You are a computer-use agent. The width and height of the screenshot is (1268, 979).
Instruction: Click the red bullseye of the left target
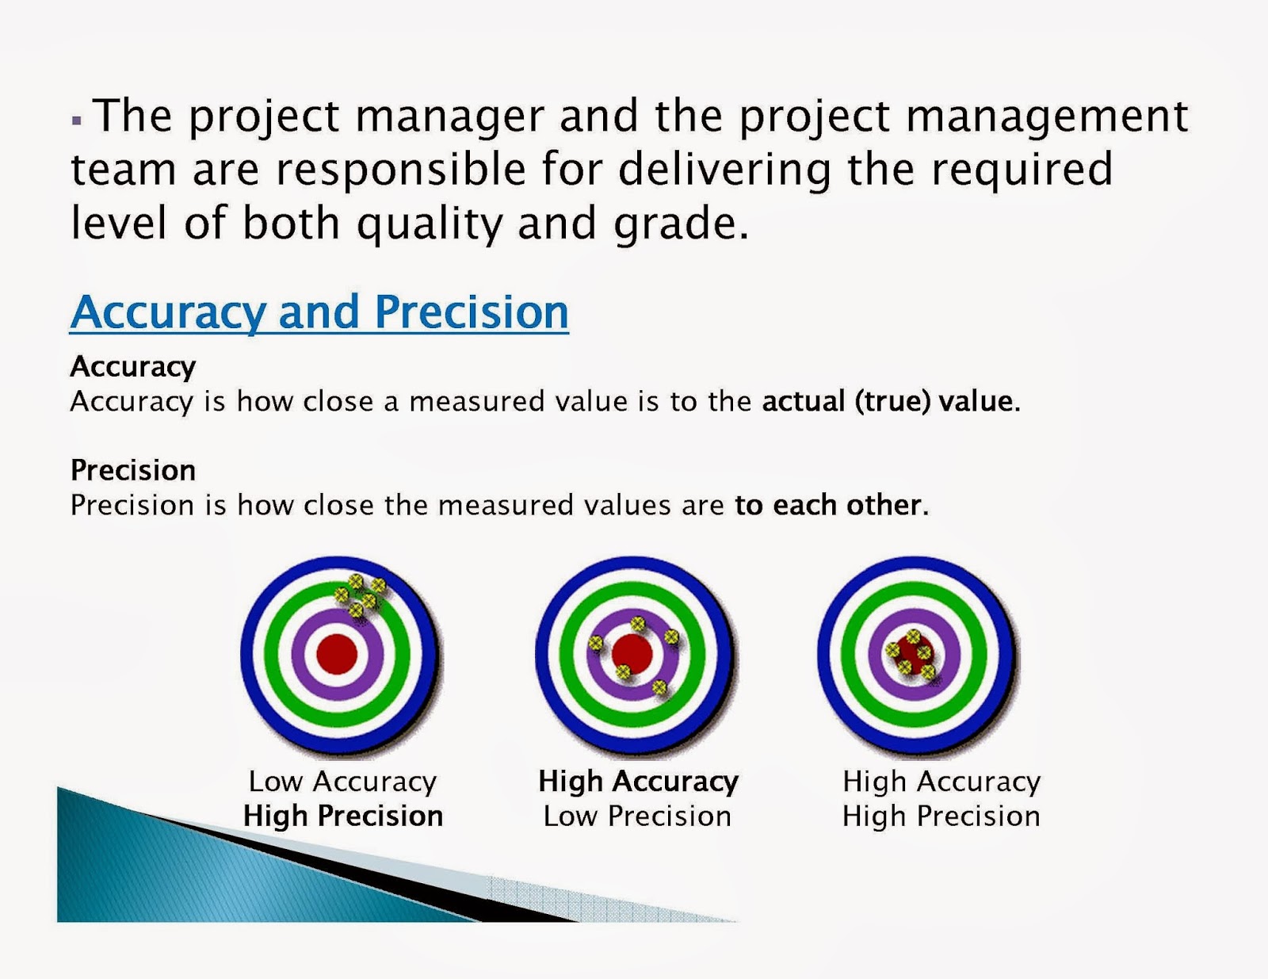(337, 655)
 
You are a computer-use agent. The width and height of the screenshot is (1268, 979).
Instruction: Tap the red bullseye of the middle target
(632, 655)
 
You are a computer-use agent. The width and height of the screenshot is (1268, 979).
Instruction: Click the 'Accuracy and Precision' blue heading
(319, 312)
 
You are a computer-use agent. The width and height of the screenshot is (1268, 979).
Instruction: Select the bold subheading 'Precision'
(133, 470)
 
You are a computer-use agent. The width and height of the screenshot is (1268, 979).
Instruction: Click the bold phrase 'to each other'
(830, 505)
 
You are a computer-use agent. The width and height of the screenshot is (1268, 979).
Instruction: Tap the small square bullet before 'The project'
(77, 120)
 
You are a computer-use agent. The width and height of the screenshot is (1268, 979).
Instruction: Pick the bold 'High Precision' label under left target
(343, 816)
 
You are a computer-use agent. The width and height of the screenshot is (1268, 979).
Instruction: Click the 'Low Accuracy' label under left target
(342, 782)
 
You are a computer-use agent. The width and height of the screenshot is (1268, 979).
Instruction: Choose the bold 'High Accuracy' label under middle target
(638, 782)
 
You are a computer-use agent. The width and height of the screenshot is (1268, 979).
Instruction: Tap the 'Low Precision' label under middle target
(637, 816)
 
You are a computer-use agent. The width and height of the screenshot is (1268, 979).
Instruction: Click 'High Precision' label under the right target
(941, 816)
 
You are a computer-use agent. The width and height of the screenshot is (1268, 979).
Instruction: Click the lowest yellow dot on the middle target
(659, 687)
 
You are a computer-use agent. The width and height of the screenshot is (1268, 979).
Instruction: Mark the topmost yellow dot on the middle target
(637, 624)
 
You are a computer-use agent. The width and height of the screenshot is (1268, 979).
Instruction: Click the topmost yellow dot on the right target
(913, 637)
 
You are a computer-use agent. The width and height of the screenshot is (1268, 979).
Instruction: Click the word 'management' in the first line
(1046, 116)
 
